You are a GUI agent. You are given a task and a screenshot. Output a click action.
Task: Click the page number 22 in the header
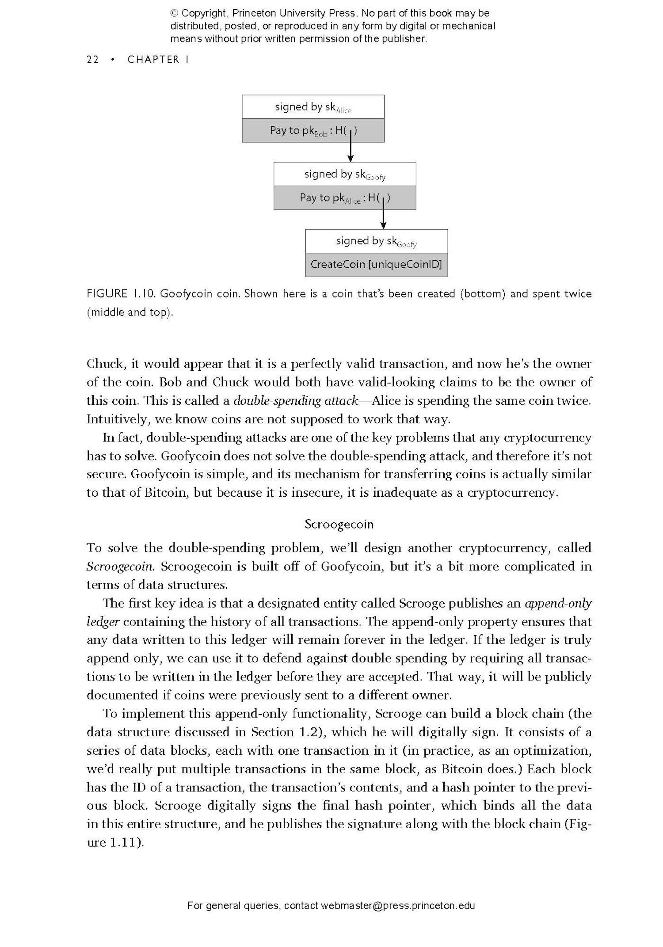[92, 60]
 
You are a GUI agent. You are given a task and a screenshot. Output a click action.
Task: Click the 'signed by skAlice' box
[313, 107]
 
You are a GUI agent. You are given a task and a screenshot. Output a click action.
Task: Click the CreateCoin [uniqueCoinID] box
[376, 265]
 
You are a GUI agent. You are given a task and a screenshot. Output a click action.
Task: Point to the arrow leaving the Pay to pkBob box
[351, 150]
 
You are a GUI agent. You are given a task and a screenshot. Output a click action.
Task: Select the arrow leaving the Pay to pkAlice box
[383, 217]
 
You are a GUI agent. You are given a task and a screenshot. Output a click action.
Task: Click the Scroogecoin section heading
[339, 524]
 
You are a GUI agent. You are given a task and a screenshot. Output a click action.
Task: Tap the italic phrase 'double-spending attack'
[295, 400]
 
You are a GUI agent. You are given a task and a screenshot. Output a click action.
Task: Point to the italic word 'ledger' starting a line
[103, 621]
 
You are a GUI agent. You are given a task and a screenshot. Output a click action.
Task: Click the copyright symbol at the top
[174, 13]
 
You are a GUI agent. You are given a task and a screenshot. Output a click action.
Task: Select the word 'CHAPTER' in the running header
[153, 60]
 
